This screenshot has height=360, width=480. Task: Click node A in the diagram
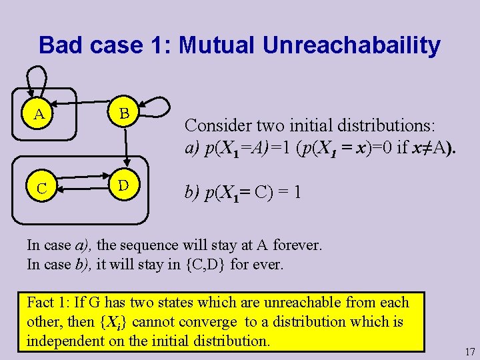pyautogui.click(x=39, y=114)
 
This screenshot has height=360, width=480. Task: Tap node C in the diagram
pyautogui.click(x=41, y=189)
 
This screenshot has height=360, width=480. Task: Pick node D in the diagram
pyautogui.click(x=123, y=184)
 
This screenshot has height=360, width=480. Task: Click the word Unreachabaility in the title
pyautogui.click(x=351, y=45)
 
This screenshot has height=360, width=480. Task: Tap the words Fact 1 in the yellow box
pyautogui.click(x=47, y=302)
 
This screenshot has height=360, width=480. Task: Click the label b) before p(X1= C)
pyautogui.click(x=193, y=193)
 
